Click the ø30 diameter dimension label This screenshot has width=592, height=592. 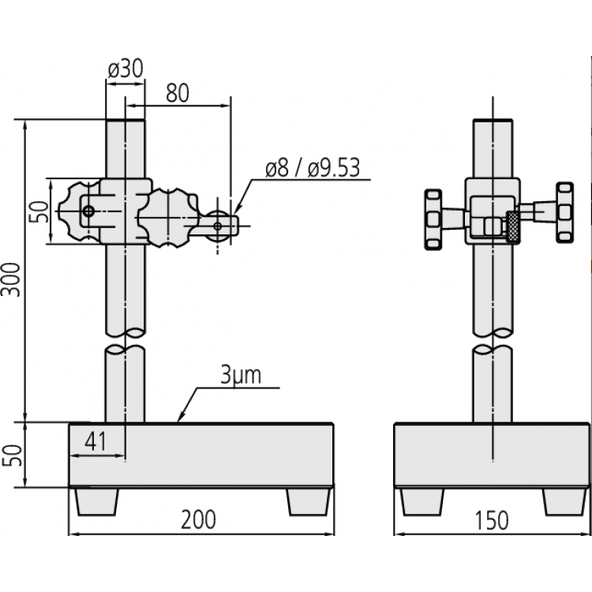(x=125, y=69)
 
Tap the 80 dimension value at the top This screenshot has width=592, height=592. (x=178, y=93)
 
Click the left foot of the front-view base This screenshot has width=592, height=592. (x=98, y=500)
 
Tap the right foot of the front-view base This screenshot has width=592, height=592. (x=309, y=500)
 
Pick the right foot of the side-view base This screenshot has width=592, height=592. (x=564, y=500)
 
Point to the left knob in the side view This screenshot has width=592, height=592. (x=434, y=219)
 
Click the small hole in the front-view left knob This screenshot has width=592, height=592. (x=88, y=211)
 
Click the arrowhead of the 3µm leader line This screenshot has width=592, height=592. (x=181, y=419)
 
